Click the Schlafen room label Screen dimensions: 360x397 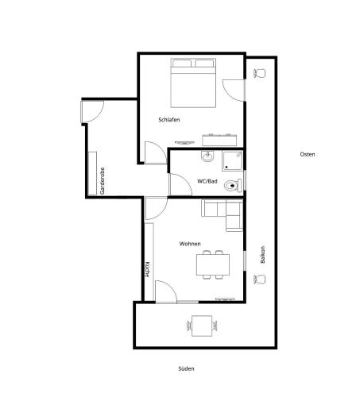pos(169,120)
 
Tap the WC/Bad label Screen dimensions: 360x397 pos(207,181)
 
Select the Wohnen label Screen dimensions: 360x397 pos(190,244)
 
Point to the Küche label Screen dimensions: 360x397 pos(147,269)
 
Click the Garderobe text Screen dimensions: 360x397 pos(103,181)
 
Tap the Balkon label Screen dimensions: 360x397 pos(262,255)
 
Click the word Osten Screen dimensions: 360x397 pos(308,154)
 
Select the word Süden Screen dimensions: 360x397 pos(186,368)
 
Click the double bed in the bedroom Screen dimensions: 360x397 pos(193,83)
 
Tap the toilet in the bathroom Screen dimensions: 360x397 pos(233,186)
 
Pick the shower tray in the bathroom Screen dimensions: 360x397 pos(232,161)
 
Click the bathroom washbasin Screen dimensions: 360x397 pos(207,156)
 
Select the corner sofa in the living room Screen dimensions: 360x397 pos(222,215)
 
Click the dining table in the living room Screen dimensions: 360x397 pos(213,264)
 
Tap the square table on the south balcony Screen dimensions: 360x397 pos(202,326)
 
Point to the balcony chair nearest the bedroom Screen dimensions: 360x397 pos(260,73)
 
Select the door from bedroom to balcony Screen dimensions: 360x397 pos(233,90)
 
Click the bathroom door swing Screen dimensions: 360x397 pos(180,184)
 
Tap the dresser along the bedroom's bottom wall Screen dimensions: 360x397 pos(219,140)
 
